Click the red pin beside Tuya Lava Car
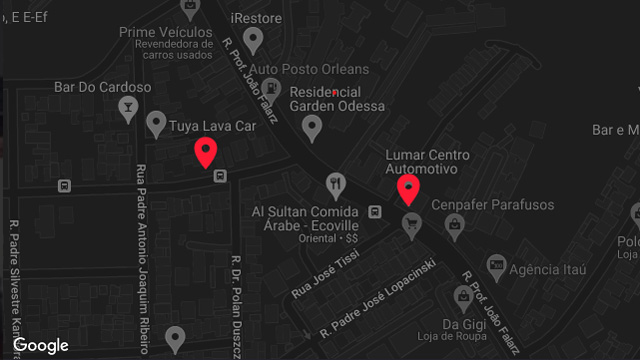[206, 153]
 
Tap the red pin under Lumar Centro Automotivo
[408, 188]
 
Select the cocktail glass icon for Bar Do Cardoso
[128, 109]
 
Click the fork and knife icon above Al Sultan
[335, 185]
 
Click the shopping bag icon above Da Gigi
[463, 297]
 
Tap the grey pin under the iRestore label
[254, 41]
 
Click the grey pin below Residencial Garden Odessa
[312, 127]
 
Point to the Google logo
[41, 345]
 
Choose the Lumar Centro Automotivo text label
[427, 163]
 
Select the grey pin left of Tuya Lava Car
[155, 124]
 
